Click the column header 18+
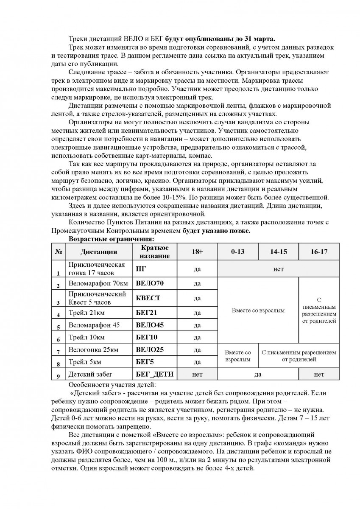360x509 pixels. click(197, 252)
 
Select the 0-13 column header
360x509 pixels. click(237, 252)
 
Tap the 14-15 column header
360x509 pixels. click(278, 252)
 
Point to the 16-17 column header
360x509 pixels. click(319, 252)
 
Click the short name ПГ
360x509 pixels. click(140, 269)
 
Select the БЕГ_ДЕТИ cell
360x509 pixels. click(153, 374)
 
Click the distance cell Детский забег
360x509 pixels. click(92, 375)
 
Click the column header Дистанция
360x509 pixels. click(99, 252)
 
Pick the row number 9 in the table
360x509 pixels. click(58, 376)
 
